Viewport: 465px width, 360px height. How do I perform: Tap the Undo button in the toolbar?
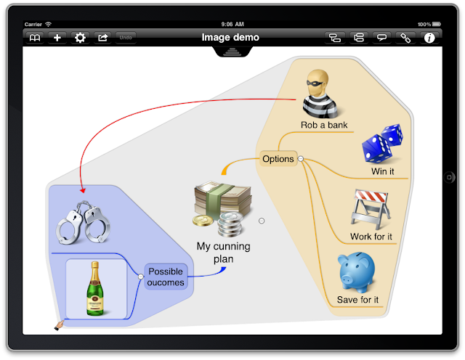coord(126,38)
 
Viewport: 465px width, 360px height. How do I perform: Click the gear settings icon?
coord(80,38)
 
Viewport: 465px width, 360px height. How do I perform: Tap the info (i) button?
coord(429,38)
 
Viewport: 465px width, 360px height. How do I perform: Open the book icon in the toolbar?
coord(35,38)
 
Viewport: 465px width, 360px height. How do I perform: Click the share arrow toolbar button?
coord(102,38)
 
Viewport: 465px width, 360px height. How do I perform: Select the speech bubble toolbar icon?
coord(381,38)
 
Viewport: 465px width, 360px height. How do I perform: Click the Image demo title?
coord(230,37)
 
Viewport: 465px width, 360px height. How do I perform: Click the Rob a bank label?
coord(324,125)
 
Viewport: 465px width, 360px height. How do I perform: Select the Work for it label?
coord(371,237)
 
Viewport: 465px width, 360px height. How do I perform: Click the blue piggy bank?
coord(357,273)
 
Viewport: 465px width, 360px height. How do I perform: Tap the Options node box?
coord(278,159)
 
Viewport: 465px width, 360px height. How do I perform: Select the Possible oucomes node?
coord(166,277)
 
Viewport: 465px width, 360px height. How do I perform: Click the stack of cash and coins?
coord(222,206)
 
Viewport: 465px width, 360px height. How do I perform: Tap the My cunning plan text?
coord(223,253)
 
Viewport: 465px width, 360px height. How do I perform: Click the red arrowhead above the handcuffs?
coord(81,189)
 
